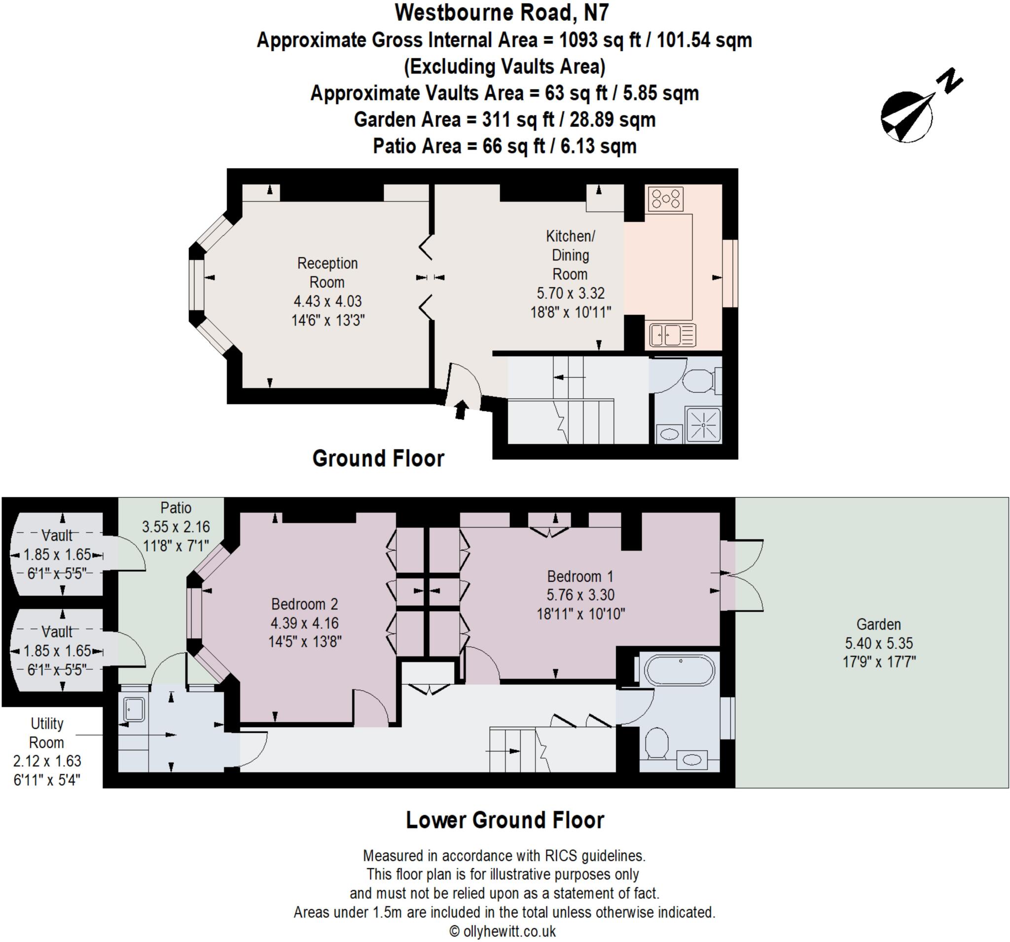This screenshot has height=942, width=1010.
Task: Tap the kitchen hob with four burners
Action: (666, 199)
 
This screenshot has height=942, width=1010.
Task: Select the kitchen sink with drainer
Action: (672, 335)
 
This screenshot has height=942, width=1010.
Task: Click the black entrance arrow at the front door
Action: (461, 409)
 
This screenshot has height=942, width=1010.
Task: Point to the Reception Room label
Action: (327, 273)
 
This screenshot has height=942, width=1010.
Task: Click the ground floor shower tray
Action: (703, 424)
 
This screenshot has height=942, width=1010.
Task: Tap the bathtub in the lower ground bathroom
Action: (680, 670)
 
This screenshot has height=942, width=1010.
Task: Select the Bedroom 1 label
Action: (580, 576)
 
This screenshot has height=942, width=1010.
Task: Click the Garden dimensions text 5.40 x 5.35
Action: (879, 643)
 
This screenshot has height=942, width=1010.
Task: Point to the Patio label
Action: (176, 508)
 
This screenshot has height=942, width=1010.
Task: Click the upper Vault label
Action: (57, 535)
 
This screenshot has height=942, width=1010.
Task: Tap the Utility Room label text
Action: (46, 733)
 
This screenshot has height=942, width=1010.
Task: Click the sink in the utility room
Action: (134, 709)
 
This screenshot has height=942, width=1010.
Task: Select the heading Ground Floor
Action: (378, 458)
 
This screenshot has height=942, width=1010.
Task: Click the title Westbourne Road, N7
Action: (502, 13)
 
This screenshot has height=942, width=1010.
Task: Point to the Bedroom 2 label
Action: (304, 604)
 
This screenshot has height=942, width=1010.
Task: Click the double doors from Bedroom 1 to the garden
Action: (742, 575)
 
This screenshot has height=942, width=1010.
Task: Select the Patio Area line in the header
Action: (505, 146)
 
